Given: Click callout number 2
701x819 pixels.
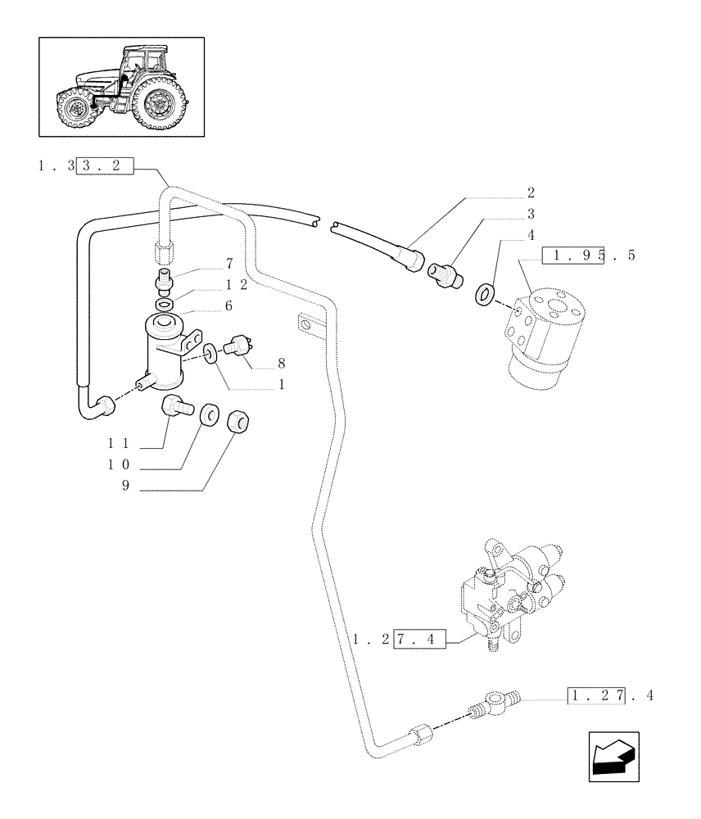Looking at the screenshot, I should [531, 193].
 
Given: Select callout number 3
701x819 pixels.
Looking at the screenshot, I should [531, 215].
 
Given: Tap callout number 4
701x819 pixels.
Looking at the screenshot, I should [531, 236].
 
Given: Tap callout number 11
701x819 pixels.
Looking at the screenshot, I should [119, 443].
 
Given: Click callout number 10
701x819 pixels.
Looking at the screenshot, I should [119, 465].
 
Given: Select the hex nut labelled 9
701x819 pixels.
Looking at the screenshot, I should [237, 422].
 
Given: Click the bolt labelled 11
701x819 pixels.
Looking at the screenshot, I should [176, 405].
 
